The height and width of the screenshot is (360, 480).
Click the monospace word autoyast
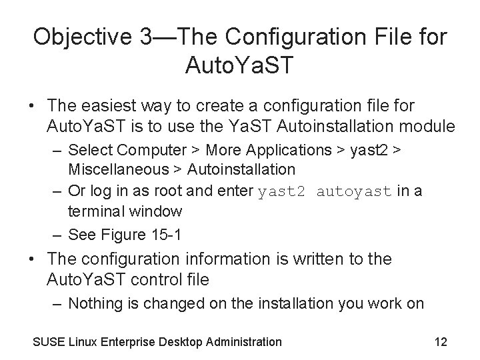pos(354,192)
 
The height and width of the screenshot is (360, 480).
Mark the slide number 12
pos(440,342)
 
